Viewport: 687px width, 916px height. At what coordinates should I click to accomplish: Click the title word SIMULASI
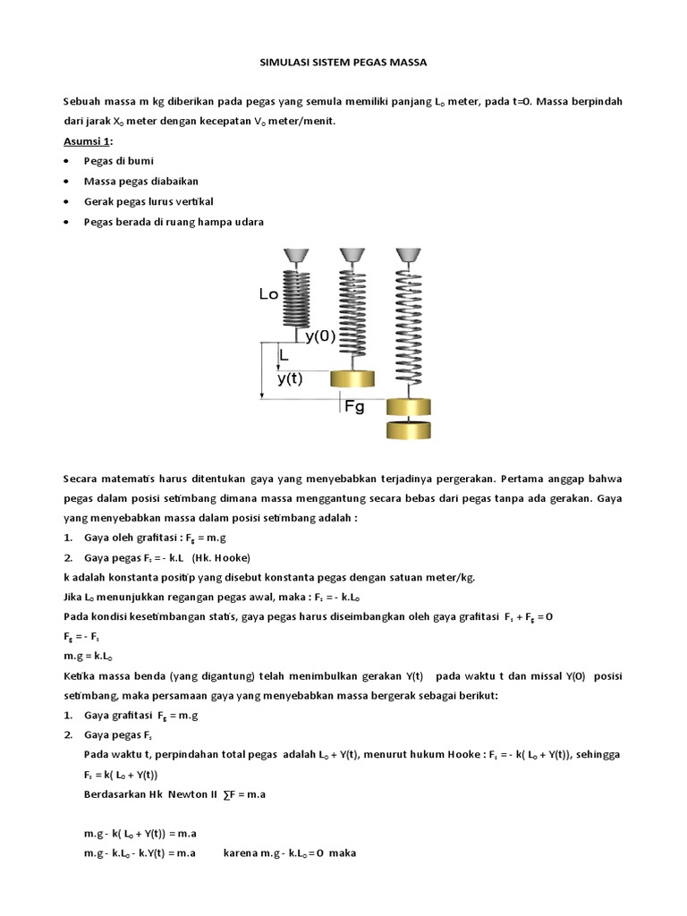click(280, 63)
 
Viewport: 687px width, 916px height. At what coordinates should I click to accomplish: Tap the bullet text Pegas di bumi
click(119, 161)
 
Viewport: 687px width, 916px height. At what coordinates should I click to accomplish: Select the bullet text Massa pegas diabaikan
click(135, 181)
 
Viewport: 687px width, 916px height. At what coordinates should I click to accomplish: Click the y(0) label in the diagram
click(320, 336)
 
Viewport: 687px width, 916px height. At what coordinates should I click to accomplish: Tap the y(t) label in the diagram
click(291, 377)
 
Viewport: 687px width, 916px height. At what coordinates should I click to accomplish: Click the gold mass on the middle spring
click(351, 379)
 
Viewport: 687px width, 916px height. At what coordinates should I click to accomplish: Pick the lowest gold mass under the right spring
click(409, 429)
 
